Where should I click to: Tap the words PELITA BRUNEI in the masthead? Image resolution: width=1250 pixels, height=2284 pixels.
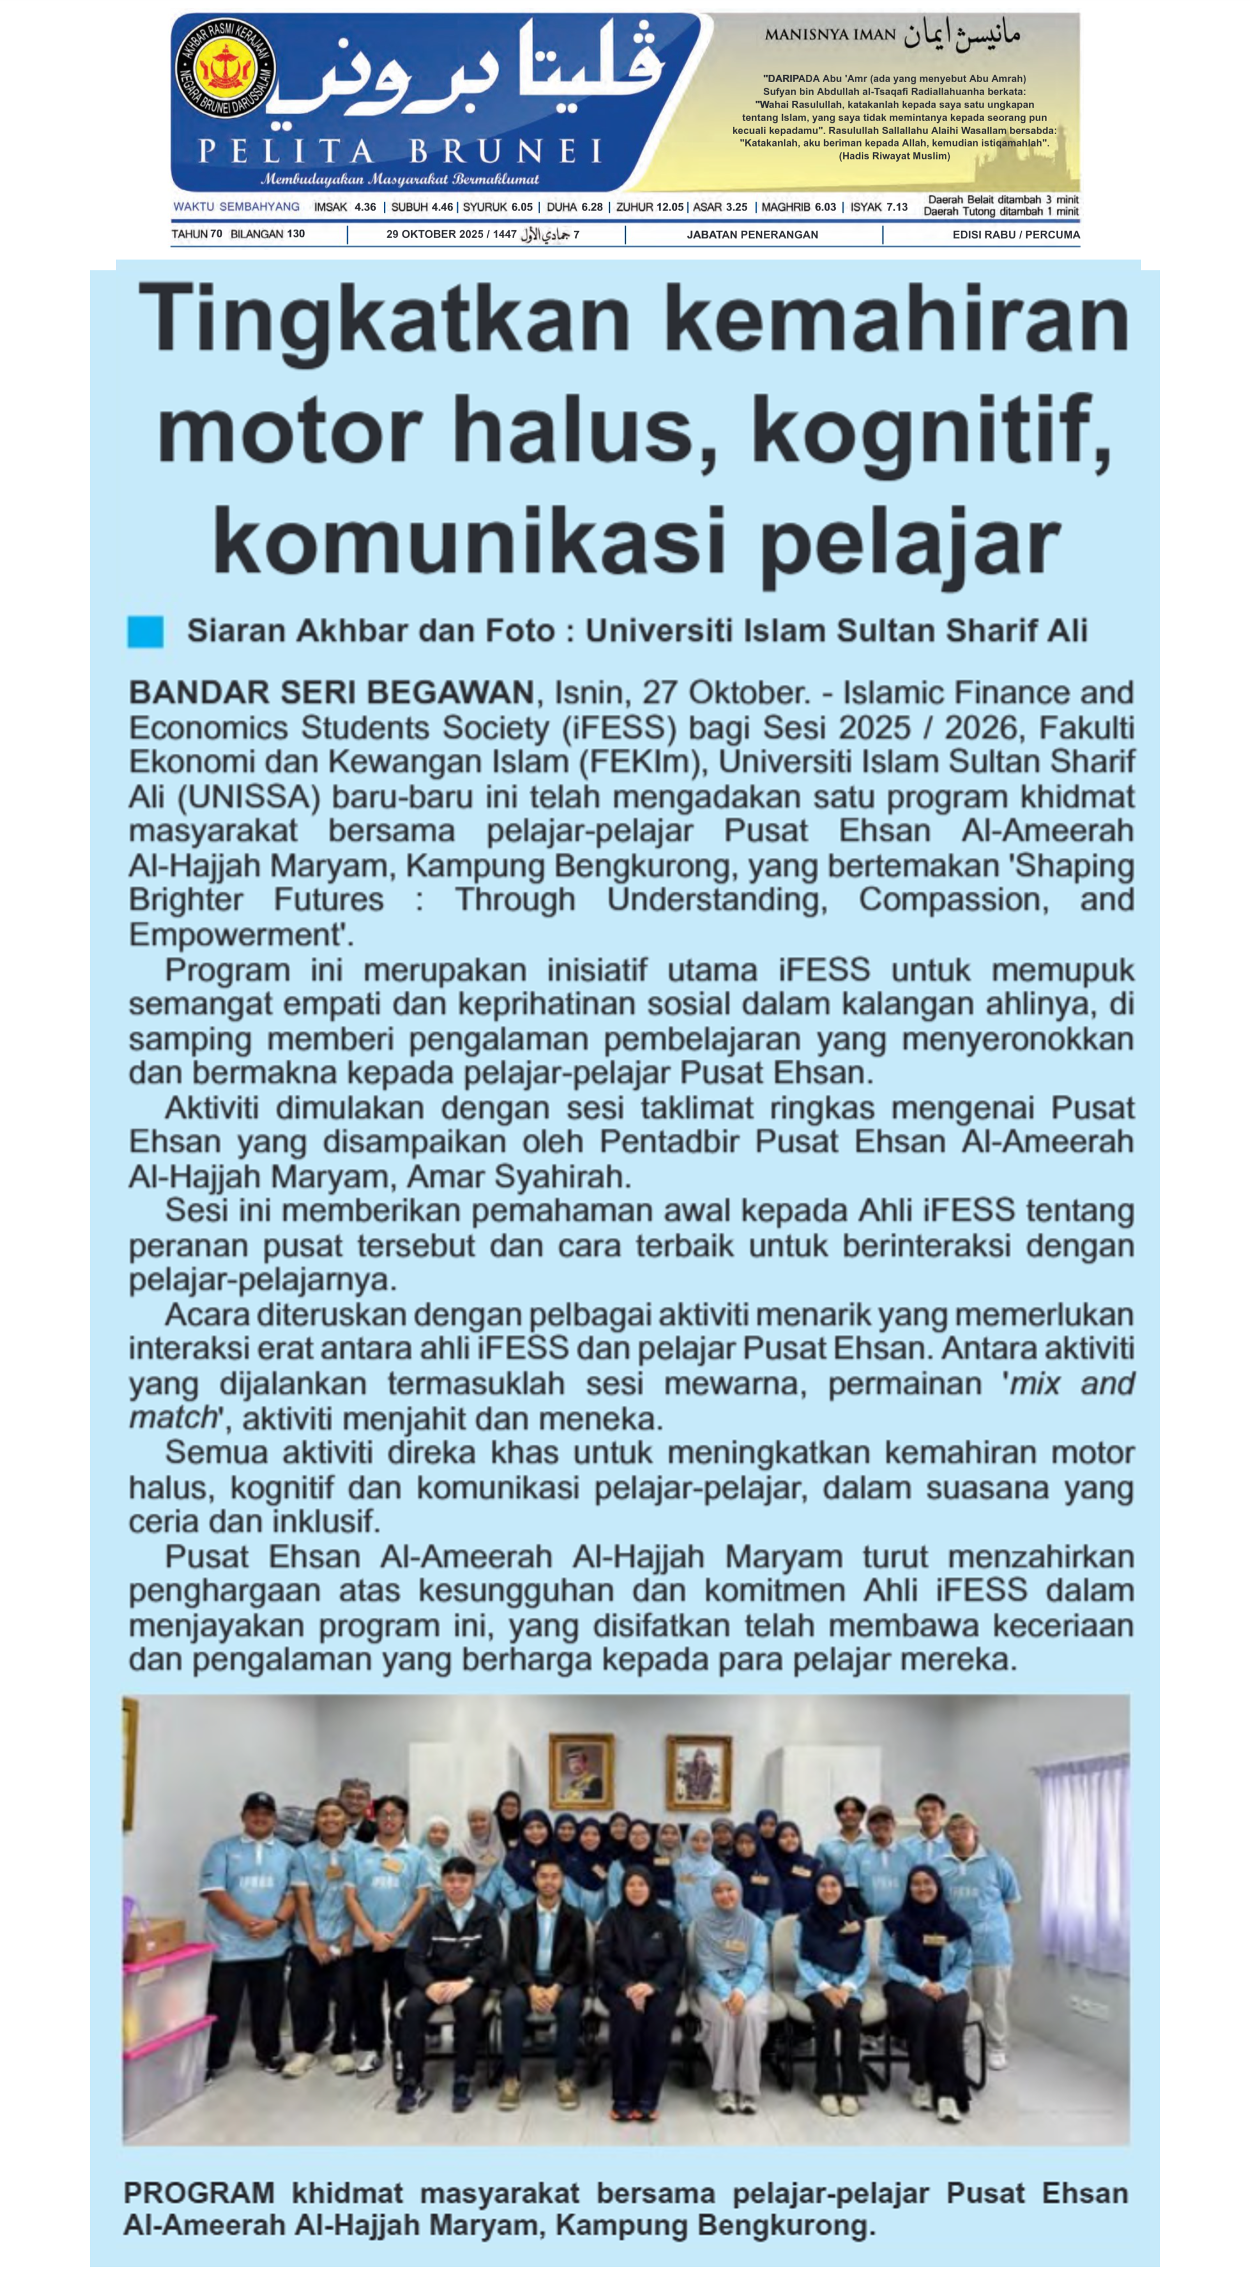401,151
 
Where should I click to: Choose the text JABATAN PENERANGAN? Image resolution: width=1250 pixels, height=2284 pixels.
752,235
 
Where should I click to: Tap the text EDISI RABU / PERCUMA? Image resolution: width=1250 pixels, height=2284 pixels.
1016,235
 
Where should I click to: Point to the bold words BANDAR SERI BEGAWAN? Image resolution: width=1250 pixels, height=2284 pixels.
330,692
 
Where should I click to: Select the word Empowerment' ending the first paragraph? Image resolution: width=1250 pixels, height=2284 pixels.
240,934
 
